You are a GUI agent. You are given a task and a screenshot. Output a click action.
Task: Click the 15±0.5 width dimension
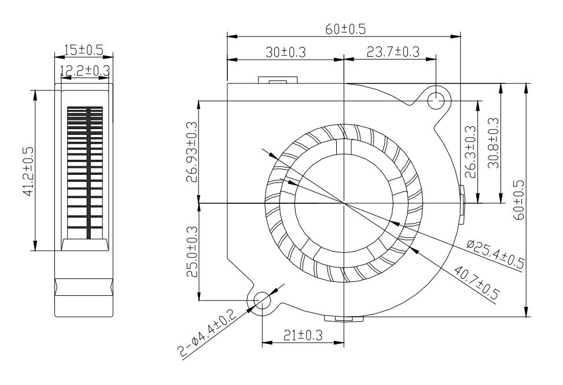point(83,50)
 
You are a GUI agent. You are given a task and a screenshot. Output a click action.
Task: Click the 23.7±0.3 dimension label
point(393,52)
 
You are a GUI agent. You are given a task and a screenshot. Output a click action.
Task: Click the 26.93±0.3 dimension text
point(192,152)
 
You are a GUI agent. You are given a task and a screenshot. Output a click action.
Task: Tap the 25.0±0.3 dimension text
point(192,252)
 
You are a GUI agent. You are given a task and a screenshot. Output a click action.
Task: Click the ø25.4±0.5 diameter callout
point(495,254)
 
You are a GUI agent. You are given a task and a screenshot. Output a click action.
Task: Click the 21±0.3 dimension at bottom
point(303,335)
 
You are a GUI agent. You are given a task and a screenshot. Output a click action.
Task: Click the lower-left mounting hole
point(262,300)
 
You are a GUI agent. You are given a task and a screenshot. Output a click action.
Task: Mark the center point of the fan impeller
point(344,203)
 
